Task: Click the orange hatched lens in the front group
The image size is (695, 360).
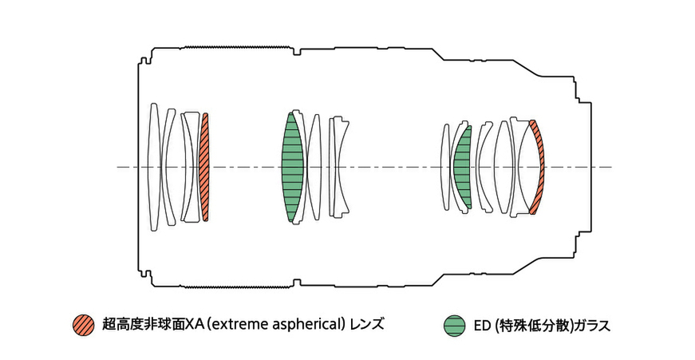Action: tap(205, 167)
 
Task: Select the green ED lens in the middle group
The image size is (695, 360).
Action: tap(293, 167)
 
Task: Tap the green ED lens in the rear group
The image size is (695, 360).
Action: tap(462, 167)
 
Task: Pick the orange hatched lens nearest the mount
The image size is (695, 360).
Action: tap(538, 167)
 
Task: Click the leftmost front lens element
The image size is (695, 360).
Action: tap(153, 167)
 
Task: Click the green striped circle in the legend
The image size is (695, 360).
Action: tap(455, 325)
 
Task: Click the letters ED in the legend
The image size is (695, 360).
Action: tap(482, 325)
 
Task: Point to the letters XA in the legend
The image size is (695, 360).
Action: tap(193, 324)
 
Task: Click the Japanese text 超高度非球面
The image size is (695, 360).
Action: tap(144, 324)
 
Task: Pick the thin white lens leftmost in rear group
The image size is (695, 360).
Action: tap(445, 167)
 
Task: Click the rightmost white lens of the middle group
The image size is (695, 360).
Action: tap(340, 167)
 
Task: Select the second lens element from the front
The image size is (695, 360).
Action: tap(168, 167)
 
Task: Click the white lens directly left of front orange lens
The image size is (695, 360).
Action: tap(191, 167)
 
